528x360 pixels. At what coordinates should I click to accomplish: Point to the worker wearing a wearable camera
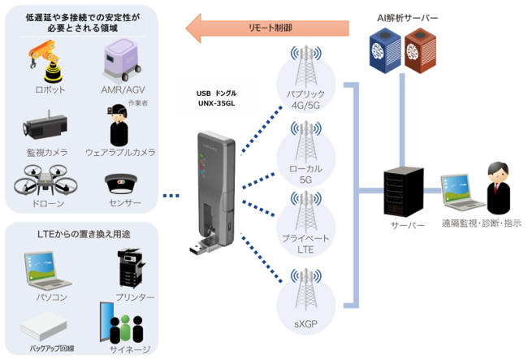point(119,127)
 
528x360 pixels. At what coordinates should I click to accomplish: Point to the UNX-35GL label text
point(215,104)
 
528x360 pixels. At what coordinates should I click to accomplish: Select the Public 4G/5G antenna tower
point(305,70)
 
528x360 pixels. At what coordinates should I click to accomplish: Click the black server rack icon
point(403,189)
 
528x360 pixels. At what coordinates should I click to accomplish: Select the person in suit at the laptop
point(496,186)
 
